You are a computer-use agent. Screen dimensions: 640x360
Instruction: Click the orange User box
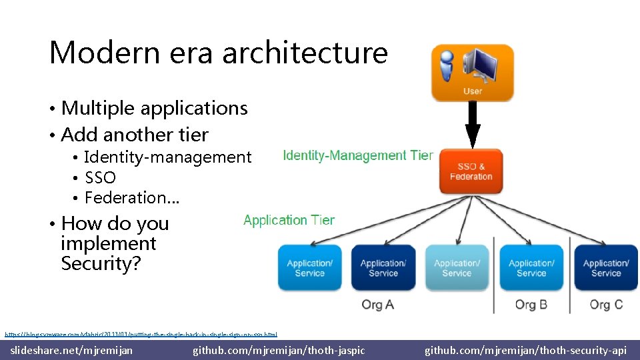coord(472,73)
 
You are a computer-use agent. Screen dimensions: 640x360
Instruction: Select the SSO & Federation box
coord(471,171)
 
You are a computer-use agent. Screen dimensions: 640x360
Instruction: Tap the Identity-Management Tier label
coord(358,155)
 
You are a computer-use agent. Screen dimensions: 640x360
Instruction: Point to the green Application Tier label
coord(289,220)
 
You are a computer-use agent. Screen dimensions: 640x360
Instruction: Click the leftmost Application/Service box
coord(310,267)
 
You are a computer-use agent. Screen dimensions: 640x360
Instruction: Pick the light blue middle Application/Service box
coord(457,267)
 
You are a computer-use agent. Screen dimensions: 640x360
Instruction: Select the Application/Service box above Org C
coord(605,267)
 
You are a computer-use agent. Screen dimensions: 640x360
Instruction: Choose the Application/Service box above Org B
coord(531,267)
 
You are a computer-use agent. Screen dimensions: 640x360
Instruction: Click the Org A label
coord(378,305)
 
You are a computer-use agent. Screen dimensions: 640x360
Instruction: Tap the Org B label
coord(531,305)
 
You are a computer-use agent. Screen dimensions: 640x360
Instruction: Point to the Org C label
coord(605,305)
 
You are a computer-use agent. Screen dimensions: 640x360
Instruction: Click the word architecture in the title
coord(305,53)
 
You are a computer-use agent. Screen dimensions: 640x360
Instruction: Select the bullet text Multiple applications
coord(154,108)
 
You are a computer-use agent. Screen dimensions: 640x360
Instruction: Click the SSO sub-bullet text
coord(100,178)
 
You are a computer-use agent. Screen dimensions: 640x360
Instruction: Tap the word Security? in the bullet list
coord(101,263)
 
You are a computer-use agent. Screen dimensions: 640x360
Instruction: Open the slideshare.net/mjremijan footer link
coord(71,350)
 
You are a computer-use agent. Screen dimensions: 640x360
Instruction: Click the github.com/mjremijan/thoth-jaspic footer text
coord(279,350)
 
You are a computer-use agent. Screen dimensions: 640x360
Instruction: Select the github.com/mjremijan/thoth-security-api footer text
coord(525,350)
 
